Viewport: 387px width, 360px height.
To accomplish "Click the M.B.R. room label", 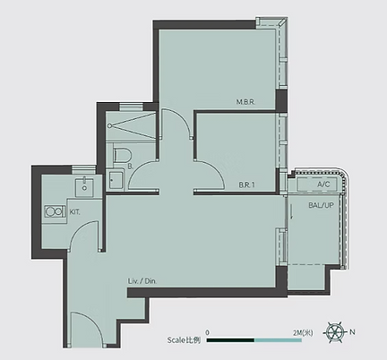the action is click(245, 102).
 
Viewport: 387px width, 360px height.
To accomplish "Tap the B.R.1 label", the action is click(246, 185).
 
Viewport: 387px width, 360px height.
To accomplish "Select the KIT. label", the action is click(74, 212).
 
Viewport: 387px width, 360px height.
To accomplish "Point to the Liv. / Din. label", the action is click(142, 281).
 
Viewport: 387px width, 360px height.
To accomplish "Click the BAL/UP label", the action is click(321, 205).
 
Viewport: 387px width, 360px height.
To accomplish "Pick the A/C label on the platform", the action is click(323, 184).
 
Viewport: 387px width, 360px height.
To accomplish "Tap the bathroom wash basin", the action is click(116, 180).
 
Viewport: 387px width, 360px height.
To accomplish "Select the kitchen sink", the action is click(84, 187).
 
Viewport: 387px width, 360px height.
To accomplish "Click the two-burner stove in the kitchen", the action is click(56, 211).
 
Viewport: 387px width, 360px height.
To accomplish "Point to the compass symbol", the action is click(335, 332).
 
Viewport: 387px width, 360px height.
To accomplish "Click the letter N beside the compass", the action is click(352, 332).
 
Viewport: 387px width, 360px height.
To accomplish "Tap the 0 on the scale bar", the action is click(208, 332).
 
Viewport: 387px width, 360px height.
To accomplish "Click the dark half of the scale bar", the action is click(230, 340).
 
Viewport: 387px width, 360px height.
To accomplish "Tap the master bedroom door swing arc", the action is click(183, 117).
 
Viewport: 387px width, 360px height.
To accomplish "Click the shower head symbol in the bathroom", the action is click(110, 126).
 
